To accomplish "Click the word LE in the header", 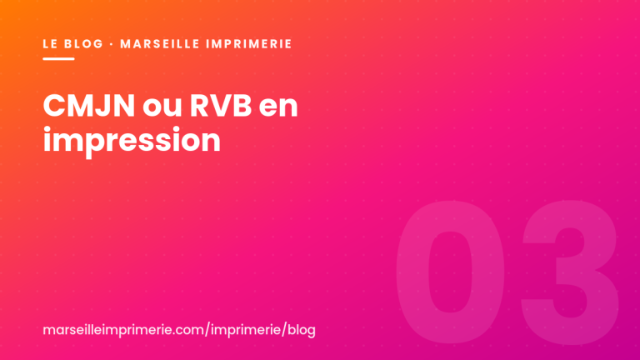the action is [x=50, y=43].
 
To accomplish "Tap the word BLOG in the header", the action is [x=84, y=43].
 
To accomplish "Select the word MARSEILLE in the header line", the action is [x=159, y=43].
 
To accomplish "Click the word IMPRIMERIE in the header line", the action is [x=249, y=43].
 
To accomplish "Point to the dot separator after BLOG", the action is [x=112, y=43].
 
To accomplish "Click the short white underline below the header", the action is [x=59, y=59].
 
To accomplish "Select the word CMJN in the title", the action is [x=89, y=106].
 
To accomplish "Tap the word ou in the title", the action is [x=162, y=108].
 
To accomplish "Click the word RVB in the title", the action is [x=221, y=106].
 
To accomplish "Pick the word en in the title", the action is [x=278, y=108].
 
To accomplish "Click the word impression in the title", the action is [x=132, y=141].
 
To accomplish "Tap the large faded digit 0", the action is [x=450, y=272].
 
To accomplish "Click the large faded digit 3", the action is [x=571, y=272].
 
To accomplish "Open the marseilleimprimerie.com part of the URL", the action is [x=123, y=330].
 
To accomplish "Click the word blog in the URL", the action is [x=302, y=330].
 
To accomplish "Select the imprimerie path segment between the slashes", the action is [x=246, y=330].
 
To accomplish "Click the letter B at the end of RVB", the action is [x=242, y=106].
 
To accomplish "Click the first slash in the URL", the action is [x=207, y=330].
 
